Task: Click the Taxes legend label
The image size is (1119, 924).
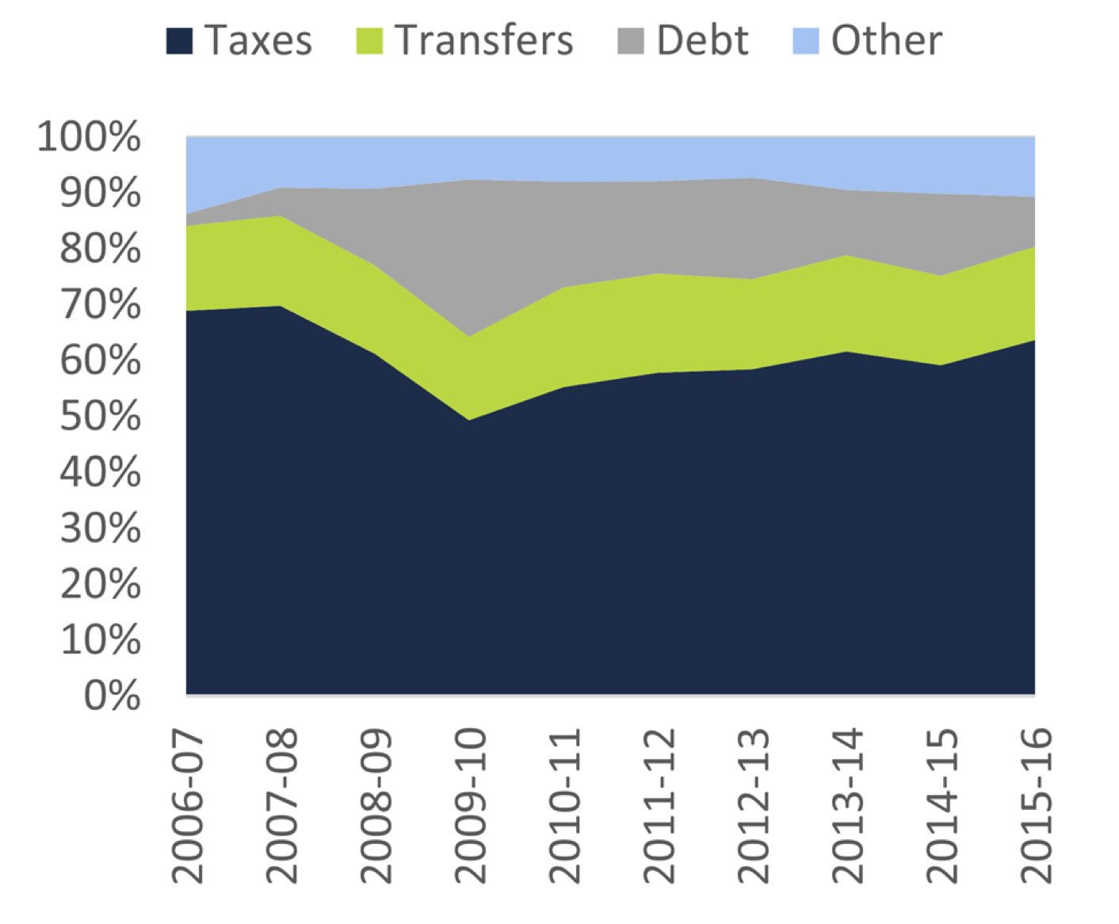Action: pos(258,40)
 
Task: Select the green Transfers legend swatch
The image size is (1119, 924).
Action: pos(369,41)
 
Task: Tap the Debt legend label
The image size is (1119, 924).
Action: pos(702,40)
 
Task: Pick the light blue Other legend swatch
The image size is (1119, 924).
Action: pos(805,41)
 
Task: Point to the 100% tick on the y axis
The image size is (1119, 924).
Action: pos(90,137)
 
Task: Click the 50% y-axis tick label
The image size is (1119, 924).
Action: pos(100,416)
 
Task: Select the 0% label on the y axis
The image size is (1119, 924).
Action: pos(112,696)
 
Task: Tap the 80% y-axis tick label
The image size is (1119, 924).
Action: pos(100,249)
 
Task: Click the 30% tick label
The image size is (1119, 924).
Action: pos(100,529)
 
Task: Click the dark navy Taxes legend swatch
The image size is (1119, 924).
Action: pos(179,41)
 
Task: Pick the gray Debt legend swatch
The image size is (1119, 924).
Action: pos(631,41)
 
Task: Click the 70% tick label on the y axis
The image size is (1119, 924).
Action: pos(100,304)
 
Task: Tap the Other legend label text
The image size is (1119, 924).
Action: pos(887,40)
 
